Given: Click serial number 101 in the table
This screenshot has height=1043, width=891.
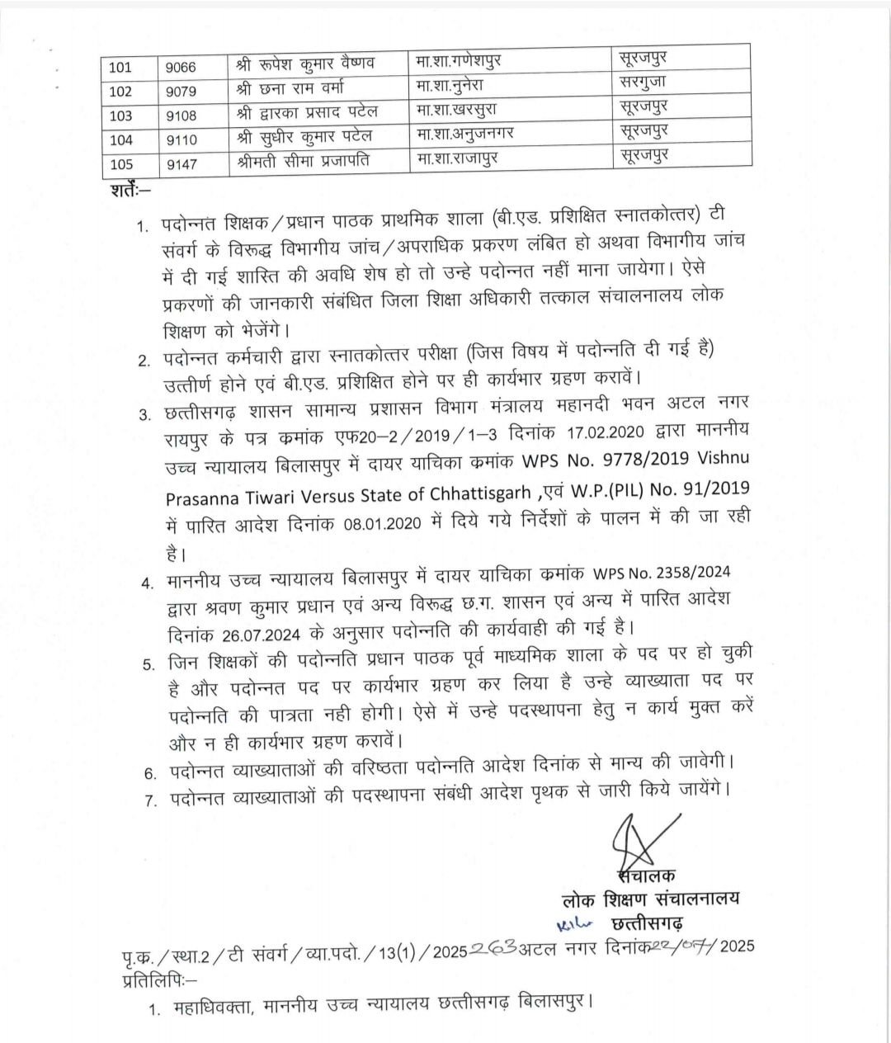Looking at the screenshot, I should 120,68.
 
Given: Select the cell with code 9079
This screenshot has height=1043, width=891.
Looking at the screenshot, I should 181,92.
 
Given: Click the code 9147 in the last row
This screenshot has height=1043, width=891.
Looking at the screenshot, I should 181,164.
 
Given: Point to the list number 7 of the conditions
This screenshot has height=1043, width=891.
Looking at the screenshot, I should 150,800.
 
